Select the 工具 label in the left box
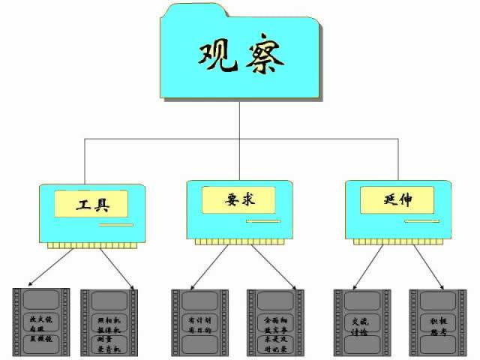coord(91,203)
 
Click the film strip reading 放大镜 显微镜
coord(41,323)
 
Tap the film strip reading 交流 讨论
coord(361,322)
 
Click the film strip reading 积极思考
coord(437,322)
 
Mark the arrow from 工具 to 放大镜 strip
coord(51,268)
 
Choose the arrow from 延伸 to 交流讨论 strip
coord(367,268)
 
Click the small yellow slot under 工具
coord(115,224)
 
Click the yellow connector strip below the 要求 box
coord(239,242)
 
